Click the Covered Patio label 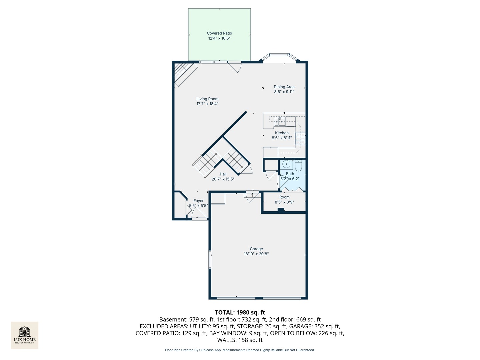(x=219, y=33)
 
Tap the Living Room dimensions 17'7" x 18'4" (x=207, y=104)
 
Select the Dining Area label (x=284, y=87)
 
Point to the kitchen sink (x=280, y=121)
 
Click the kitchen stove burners (x=300, y=138)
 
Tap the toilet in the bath (x=298, y=165)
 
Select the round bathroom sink (x=286, y=163)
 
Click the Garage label (x=256, y=249)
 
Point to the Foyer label (x=198, y=201)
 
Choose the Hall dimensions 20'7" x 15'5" (x=223, y=179)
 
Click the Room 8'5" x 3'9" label (x=284, y=200)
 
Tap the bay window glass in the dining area (x=279, y=55)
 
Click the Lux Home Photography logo (x=24, y=335)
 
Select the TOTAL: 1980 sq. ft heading (x=240, y=312)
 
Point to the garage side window (x=209, y=259)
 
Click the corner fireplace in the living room (x=185, y=74)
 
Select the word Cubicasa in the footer (x=207, y=350)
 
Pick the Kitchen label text (x=282, y=133)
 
